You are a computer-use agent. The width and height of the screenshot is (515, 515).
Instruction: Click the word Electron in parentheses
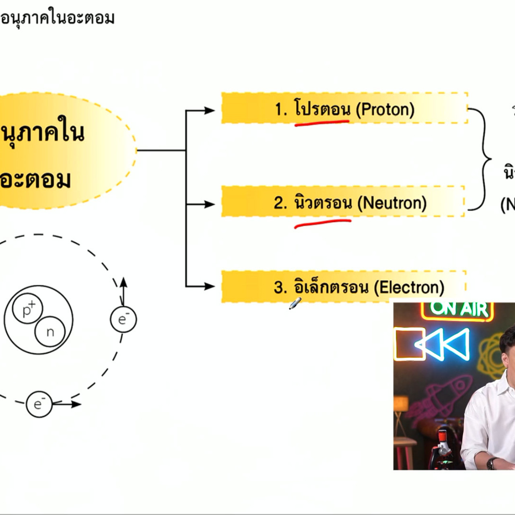point(409,288)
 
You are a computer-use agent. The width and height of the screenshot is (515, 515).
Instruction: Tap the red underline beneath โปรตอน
point(322,123)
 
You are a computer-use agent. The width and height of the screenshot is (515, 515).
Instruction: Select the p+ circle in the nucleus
point(27,309)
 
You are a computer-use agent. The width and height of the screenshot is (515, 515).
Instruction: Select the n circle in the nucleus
point(50,332)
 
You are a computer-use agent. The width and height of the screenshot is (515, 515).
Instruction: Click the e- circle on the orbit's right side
point(123,319)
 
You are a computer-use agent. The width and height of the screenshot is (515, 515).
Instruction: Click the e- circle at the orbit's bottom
point(39,404)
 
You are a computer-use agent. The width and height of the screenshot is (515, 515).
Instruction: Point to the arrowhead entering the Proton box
point(210,110)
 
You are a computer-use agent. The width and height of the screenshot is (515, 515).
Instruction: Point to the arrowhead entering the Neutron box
point(210,204)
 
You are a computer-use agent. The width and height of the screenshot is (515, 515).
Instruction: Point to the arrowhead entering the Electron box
point(210,286)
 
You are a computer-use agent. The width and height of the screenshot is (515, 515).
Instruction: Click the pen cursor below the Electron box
point(295,304)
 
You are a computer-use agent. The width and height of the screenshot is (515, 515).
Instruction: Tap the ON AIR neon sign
point(459,310)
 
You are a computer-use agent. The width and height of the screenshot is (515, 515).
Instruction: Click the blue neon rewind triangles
point(443,344)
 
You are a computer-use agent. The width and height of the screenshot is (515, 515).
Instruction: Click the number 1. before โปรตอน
point(280,109)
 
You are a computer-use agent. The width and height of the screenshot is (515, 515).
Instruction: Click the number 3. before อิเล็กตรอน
point(280,288)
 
